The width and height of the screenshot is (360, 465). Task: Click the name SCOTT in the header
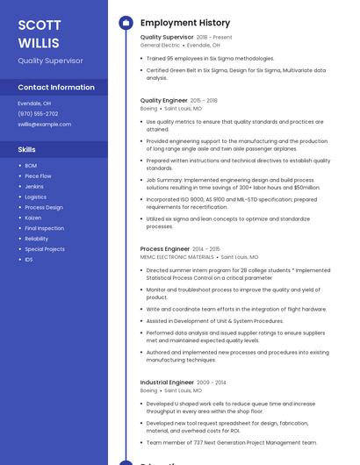[40, 25]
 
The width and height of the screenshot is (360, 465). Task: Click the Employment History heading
[184, 23]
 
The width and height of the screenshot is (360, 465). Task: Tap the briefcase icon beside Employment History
[125, 23]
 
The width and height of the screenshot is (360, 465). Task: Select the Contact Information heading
[56, 87]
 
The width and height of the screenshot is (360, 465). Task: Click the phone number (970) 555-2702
[38, 114]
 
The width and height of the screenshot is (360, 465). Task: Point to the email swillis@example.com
[44, 125]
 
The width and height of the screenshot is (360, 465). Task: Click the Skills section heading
[26, 150]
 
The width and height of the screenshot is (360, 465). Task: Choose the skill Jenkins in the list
[34, 186]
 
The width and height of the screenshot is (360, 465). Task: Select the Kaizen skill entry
[33, 218]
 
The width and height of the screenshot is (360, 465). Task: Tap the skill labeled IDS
[29, 260]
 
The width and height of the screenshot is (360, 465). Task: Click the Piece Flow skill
[38, 175]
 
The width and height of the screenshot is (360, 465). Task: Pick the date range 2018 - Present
[214, 38]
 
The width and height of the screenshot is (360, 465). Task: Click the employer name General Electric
[160, 45]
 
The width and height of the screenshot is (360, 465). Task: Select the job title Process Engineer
[164, 249]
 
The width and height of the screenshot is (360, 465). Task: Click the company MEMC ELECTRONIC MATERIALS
[176, 257]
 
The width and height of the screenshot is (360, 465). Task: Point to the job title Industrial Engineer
[167, 383]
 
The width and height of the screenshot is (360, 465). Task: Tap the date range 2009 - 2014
[211, 383]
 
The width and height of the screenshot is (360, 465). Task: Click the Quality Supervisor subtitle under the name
[50, 61]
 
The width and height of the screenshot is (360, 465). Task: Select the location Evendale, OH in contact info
[34, 104]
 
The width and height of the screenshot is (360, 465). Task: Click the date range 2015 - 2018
[204, 101]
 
